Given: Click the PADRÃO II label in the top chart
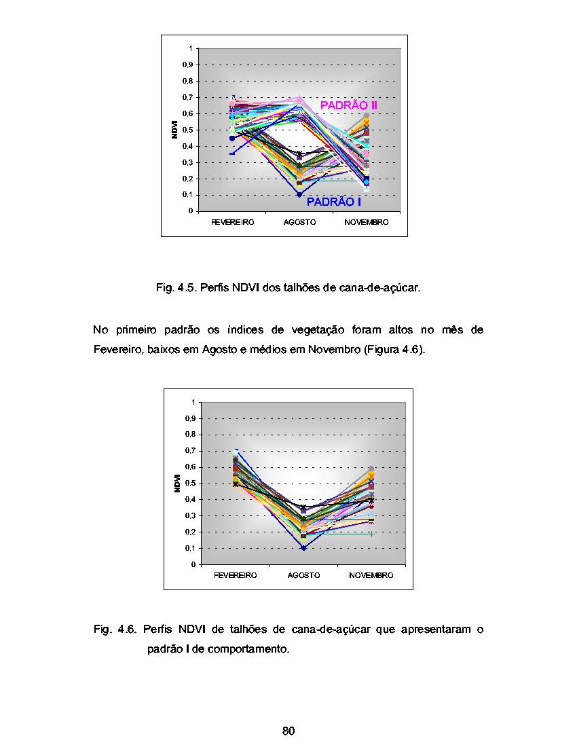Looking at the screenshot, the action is (x=348, y=105).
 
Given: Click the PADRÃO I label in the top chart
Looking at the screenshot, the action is (x=334, y=202).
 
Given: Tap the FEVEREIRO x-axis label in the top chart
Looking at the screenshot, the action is (x=233, y=223).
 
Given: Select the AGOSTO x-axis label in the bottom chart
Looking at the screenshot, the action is (x=303, y=575).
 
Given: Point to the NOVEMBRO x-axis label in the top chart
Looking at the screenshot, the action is (x=367, y=223).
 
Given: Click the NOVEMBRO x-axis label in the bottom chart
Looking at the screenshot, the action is (x=371, y=575).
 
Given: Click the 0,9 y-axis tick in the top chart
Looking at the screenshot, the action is (x=187, y=65).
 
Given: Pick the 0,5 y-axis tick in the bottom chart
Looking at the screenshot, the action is (x=190, y=484).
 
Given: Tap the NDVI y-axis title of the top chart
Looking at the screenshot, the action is (x=174, y=130).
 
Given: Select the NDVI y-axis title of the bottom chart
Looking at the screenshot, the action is (x=177, y=483).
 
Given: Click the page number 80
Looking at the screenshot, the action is (x=288, y=731).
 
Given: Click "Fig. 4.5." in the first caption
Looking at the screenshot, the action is (x=176, y=288).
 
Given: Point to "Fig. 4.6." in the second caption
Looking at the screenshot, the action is (x=115, y=630).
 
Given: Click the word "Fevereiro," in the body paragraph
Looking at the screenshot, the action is (x=118, y=350).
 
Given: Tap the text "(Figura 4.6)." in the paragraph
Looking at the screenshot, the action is (x=394, y=350).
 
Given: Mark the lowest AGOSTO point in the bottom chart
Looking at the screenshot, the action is (x=303, y=548).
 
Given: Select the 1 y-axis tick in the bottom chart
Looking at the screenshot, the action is (x=193, y=403).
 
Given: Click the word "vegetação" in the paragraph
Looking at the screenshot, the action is (x=318, y=330).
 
